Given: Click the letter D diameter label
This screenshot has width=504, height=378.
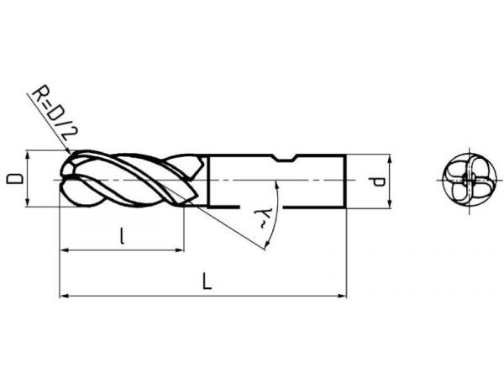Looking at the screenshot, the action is click(x=15, y=179).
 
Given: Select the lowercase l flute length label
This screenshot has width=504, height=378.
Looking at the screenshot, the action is click(x=122, y=236).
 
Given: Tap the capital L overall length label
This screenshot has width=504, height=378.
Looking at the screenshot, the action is click(x=207, y=281).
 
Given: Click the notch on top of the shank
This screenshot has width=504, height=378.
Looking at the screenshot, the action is click(x=285, y=158).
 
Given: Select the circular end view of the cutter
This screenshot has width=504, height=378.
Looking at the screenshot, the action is click(x=470, y=180).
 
